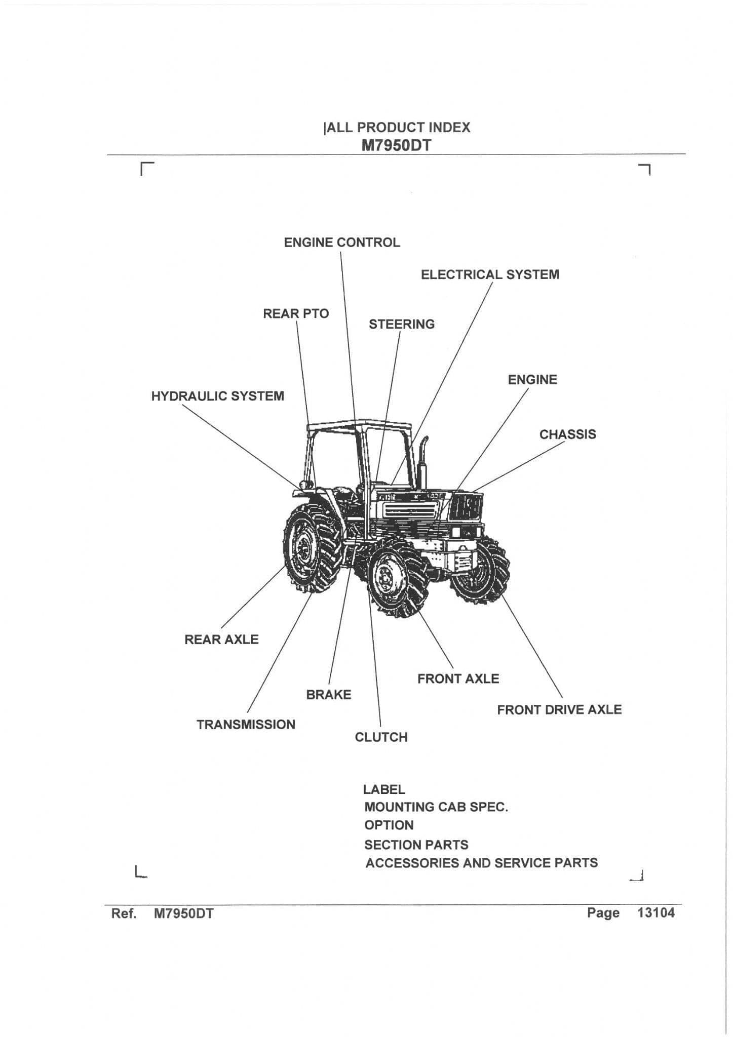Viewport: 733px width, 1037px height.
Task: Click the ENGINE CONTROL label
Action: [x=342, y=243]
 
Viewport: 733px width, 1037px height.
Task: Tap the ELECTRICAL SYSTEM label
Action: [x=490, y=274]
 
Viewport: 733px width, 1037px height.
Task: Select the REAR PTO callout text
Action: [x=296, y=314]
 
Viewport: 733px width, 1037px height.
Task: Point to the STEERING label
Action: [x=402, y=324]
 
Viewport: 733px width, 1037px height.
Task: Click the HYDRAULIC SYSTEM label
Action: [x=218, y=396]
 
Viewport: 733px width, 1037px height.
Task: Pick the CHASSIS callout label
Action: [x=568, y=434]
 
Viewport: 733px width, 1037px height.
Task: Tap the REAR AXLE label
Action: [x=221, y=640]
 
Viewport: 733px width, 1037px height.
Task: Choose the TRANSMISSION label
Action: [x=246, y=725]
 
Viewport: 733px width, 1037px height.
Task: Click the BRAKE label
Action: [x=329, y=695]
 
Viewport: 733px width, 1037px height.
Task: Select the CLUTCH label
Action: [x=381, y=737]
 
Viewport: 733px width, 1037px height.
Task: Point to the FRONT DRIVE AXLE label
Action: [x=559, y=710]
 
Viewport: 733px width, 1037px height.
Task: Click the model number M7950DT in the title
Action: [x=396, y=146]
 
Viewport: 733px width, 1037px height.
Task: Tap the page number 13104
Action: [x=657, y=913]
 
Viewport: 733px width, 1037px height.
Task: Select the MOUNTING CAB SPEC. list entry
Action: [x=436, y=807]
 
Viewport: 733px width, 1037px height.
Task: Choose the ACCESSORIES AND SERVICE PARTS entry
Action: [x=482, y=863]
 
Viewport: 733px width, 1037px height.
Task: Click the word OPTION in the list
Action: [x=389, y=825]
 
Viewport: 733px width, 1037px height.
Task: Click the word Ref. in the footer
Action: [x=124, y=913]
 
